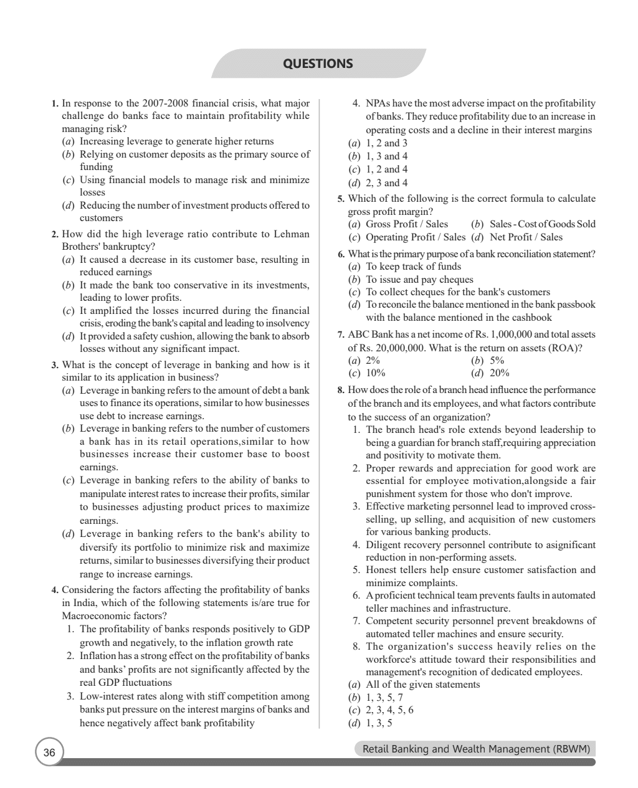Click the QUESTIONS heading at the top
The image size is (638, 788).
tap(318, 64)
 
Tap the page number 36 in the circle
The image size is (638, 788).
tap(49, 753)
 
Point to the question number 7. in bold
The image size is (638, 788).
tap(341, 335)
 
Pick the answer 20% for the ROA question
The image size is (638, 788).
tap(499, 373)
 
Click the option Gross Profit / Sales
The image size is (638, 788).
tap(406, 224)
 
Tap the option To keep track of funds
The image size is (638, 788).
tap(413, 267)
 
